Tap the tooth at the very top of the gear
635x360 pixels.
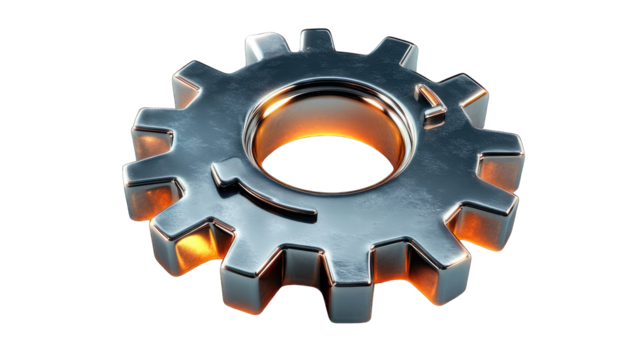319,41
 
